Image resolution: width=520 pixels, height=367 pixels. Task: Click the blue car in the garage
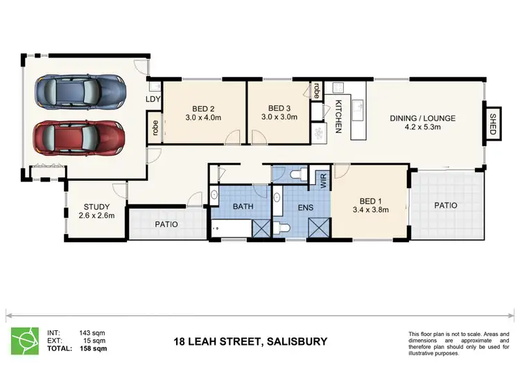click(x=80, y=91)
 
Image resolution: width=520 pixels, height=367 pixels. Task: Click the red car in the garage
click(x=79, y=138)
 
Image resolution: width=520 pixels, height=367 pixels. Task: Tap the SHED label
click(x=492, y=124)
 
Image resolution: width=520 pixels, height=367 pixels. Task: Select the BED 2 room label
click(x=203, y=109)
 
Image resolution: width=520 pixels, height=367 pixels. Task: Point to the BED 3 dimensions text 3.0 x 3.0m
click(x=279, y=117)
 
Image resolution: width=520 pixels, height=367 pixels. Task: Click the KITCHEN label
click(x=338, y=116)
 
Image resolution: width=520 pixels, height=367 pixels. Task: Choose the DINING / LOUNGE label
click(x=422, y=118)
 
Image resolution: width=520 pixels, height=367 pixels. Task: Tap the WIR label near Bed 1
click(x=324, y=181)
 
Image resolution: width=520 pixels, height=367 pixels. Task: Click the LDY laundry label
click(x=153, y=99)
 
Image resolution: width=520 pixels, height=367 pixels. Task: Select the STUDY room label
click(x=96, y=207)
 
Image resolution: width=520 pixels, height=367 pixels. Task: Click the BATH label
click(x=243, y=206)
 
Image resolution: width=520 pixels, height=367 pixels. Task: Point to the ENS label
click(x=306, y=208)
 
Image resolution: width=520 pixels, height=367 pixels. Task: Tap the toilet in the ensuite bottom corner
click(x=281, y=228)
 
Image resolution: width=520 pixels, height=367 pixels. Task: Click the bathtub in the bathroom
click(x=232, y=229)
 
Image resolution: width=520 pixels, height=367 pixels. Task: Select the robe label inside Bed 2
click(x=155, y=128)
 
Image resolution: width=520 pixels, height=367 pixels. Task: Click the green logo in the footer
click(x=24, y=341)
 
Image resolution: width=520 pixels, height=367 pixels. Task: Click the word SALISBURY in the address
click(x=297, y=341)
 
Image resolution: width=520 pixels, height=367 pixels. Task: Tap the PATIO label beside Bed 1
click(x=446, y=206)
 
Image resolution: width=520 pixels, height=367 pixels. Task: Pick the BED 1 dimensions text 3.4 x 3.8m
click(x=371, y=210)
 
